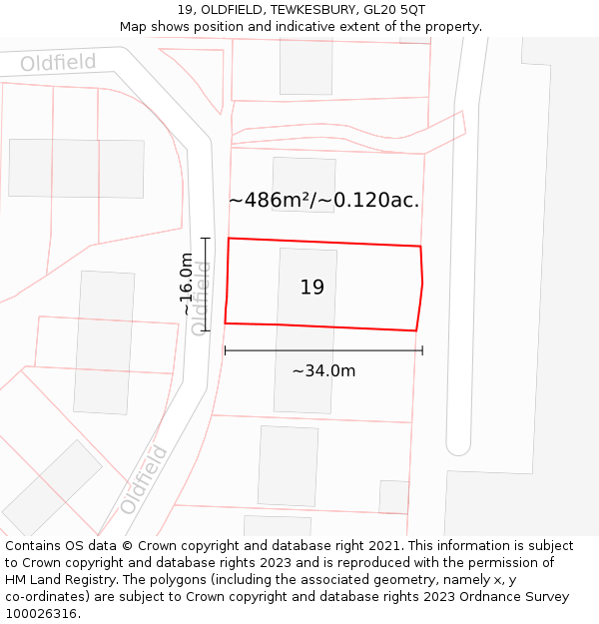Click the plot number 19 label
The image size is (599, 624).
312,288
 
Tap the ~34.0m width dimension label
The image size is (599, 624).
323,371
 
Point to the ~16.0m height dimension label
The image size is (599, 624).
187,285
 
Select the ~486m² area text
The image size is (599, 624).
267,200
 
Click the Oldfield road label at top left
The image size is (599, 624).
59,64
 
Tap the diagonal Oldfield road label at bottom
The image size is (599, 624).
145,479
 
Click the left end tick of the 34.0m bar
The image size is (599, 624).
225,350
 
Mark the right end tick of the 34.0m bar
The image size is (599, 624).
422,350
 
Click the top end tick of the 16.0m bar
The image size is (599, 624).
206,239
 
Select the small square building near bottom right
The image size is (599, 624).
393,496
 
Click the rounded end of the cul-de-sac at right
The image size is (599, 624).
458,443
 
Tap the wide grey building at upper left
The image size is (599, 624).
76,168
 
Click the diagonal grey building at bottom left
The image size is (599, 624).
52,488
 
